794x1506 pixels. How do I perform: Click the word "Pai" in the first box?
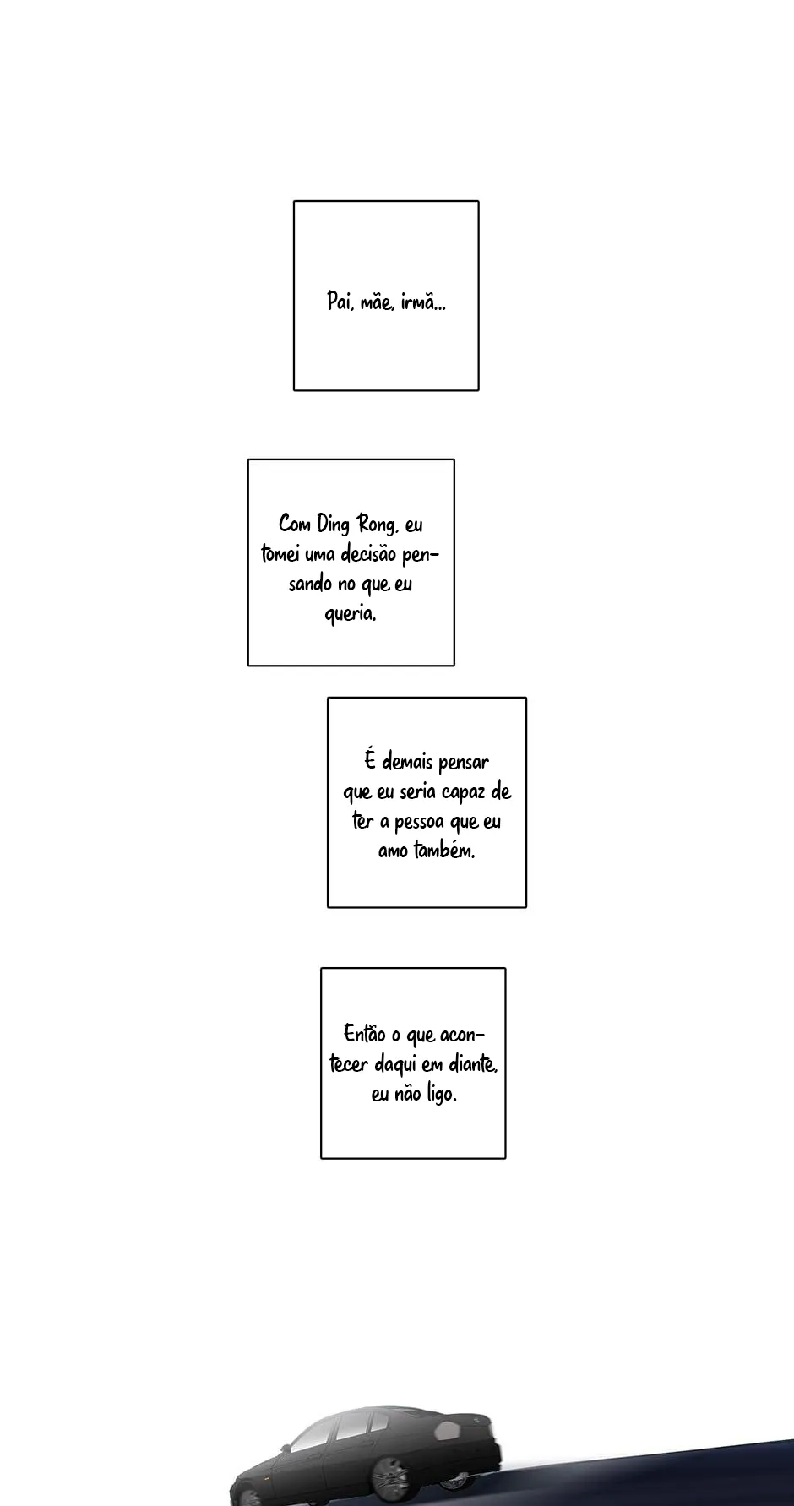point(339,302)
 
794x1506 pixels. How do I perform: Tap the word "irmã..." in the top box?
point(423,302)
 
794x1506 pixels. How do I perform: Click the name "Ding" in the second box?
point(333,525)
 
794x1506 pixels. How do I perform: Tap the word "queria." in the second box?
point(351,614)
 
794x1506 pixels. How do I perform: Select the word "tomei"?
point(275,554)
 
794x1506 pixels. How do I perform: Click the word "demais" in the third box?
point(407,762)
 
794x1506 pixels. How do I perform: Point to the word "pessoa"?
point(419,822)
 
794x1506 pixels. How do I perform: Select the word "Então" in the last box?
point(364,1034)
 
